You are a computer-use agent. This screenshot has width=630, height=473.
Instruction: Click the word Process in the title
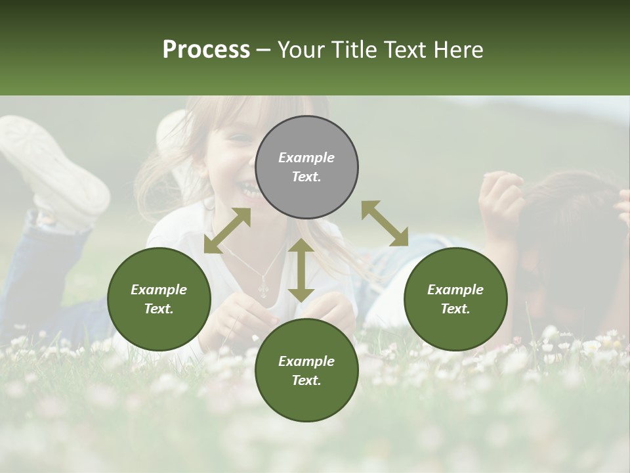coord(206,49)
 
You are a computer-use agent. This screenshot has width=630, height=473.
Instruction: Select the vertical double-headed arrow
coord(301,270)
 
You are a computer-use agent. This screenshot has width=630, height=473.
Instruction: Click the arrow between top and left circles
coord(227,231)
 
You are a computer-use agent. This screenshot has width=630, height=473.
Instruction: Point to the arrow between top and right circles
coord(385,223)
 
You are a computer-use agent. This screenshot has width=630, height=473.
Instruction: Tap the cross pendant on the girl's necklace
coord(264,288)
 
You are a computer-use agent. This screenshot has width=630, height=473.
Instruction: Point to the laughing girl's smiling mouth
coord(247,190)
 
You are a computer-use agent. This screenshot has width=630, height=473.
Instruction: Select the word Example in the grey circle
coord(306,158)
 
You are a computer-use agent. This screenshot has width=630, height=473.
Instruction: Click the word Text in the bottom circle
coord(306,380)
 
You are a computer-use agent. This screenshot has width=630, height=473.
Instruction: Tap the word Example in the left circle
coord(159,290)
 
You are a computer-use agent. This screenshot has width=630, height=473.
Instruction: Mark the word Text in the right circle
coord(455,309)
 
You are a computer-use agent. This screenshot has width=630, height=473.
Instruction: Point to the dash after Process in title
coord(263,50)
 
